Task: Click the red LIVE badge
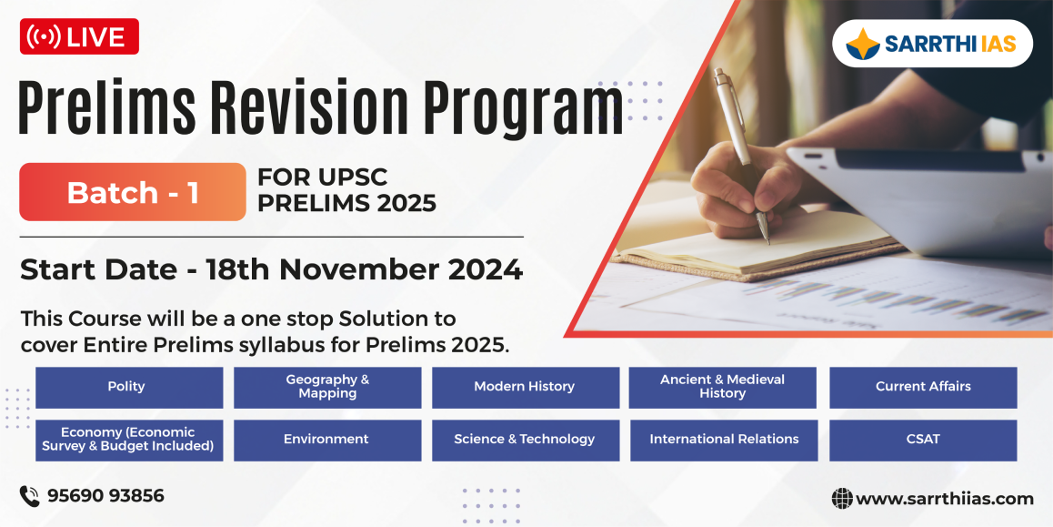79,36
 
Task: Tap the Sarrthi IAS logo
932,44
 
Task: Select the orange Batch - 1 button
132,192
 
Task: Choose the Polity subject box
129,387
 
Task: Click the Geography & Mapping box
327,387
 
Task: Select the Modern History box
526,387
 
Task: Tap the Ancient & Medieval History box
723,387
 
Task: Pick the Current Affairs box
923,387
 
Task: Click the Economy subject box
129,441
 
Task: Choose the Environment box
327,441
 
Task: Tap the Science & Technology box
526,441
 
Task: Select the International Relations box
724,441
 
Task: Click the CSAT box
923,441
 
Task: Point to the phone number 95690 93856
105,496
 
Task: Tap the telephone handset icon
29,496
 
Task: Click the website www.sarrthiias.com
944,498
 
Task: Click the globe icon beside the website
842,498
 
